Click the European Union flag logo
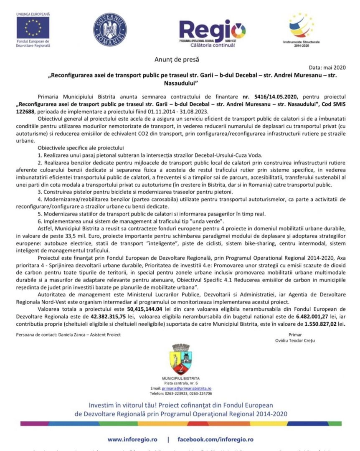pos(33,28)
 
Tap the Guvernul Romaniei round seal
pos(110,29)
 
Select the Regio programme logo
pos(212,32)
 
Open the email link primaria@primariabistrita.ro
pos(186,388)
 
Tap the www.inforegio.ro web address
pos(132,439)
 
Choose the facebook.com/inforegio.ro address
pos(215,439)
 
